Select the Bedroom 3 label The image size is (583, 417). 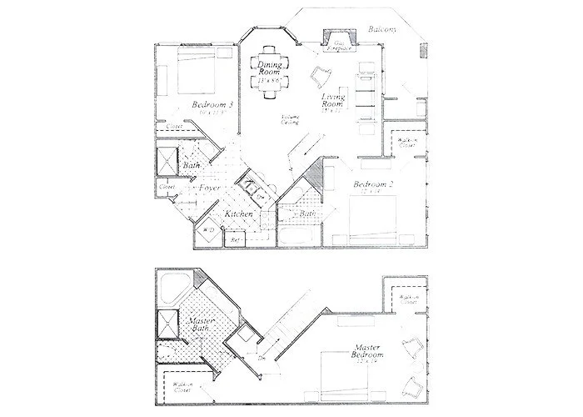click(212, 105)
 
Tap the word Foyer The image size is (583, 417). click(210, 189)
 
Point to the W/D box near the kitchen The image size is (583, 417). click(209, 230)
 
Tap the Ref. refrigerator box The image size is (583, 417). click(236, 240)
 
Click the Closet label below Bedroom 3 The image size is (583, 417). click(175, 126)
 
